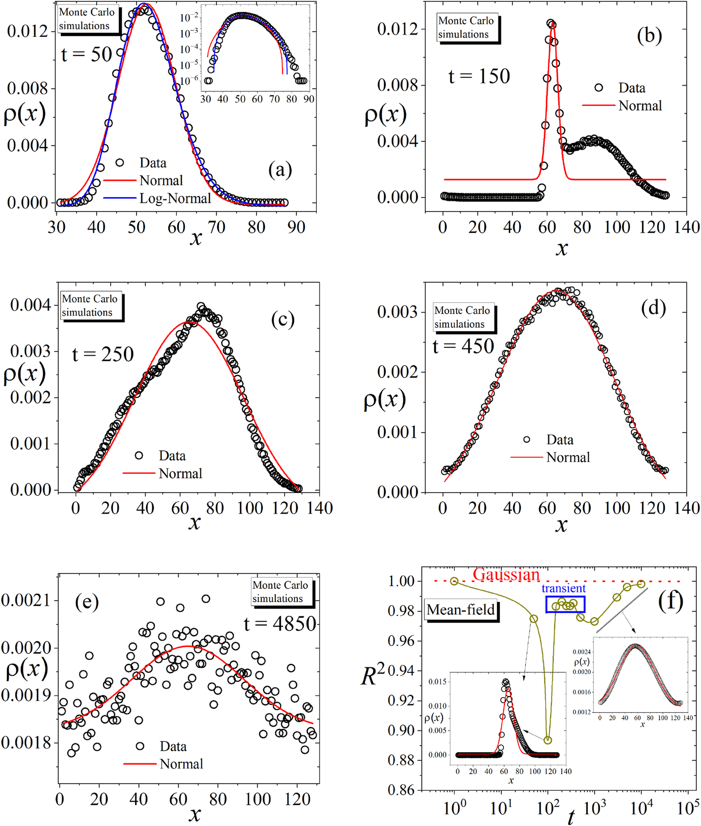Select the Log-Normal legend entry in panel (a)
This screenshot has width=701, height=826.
pos(175,198)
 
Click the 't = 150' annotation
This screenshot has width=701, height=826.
pos(479,76)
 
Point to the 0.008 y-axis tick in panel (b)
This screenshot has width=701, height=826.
pos(398,85)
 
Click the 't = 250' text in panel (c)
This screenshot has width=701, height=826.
pos(103,354)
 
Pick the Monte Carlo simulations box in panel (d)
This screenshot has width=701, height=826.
pos(463,317)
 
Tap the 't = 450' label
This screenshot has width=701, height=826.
pos(463,346)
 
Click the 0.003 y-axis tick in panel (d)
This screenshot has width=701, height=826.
pos(398,312)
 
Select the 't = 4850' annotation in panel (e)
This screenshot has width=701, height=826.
pos(280,624)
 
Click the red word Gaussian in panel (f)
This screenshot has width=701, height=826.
pos(506,574)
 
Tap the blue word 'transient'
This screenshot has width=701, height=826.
pos(563,588)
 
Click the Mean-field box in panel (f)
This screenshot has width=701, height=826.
pos(460,610)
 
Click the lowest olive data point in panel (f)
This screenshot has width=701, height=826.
pos(548,740)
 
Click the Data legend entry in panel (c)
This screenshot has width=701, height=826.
pos(172,456)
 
